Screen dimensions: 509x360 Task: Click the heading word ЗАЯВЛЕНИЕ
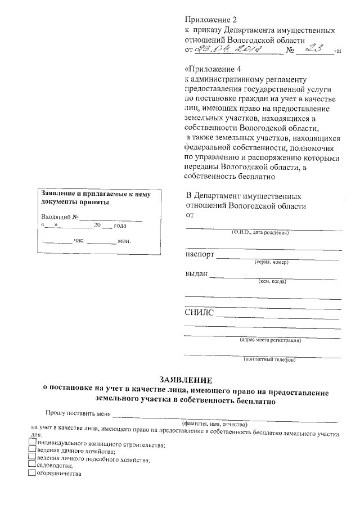pyautogui.click(x=185, y=381)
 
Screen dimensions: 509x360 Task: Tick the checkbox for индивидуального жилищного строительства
pyautogui.click(x=32, y=443)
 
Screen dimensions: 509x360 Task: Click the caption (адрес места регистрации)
pyautogui.click(x=271, y=340)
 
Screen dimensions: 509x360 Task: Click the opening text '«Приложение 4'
pyautogui.click(x=213, y=69)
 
